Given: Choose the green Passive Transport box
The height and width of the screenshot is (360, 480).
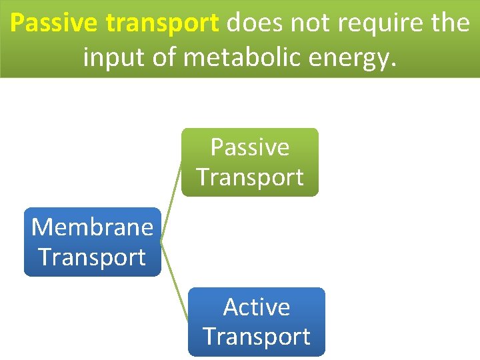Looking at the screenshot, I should [x=250, y=162].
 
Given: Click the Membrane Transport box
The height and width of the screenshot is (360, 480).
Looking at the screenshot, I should [x=92, y=242].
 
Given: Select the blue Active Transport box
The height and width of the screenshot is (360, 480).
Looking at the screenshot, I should [x=256, y=322].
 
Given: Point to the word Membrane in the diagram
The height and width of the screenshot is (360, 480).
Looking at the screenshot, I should [x=92, y=227].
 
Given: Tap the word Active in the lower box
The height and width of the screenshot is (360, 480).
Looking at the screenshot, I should [x=256, y=307].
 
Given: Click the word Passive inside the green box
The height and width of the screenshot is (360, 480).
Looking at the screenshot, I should [x=250, y=147].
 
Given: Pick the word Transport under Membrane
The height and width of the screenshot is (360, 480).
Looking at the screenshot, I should [x=92, y=257].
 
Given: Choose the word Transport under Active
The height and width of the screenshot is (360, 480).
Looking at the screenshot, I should [x=256, y=337].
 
